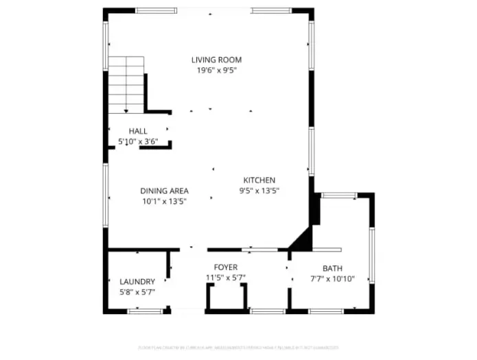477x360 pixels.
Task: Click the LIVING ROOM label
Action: [x=216, y=60]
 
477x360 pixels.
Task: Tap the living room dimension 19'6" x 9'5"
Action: [x=216, y=70]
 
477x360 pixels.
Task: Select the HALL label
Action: [x=138, y=131]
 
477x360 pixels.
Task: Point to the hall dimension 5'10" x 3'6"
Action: [x=138, y=142]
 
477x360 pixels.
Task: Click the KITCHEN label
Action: [x=259, y=180]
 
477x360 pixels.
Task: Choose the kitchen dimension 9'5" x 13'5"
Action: [x=259, y=191]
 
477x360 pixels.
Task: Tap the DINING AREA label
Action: [x=165, y=191]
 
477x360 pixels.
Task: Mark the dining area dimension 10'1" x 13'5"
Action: [x=165, y=202]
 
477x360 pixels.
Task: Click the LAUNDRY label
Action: [x=137, y=281]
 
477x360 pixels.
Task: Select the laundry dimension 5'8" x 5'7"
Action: [x=137, y=292]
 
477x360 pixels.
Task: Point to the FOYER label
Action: [x=226, y=267]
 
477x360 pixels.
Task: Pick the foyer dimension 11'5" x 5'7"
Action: [x=226, y=278]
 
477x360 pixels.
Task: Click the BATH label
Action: [x=332, y=268]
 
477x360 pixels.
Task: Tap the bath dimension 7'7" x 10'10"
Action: [x=332, y=279]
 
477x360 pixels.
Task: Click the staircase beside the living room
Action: [x=126, y=85]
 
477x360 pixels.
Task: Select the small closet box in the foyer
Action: [x=226, y=297]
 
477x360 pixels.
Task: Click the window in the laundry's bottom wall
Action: [x=145, y=311]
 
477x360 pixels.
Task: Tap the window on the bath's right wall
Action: [x=371, y=255]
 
